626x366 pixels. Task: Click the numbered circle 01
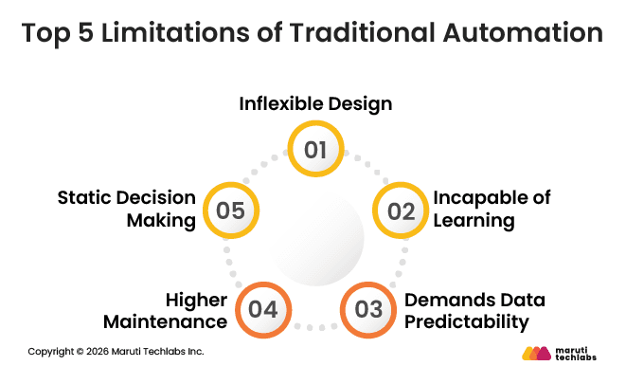315,150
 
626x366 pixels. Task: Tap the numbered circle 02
402,210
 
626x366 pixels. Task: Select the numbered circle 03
368,309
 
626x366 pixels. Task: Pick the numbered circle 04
262,309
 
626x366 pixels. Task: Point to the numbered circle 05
230,210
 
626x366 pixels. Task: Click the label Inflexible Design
315,102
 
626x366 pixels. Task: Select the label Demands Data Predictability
474,310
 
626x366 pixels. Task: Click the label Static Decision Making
127,209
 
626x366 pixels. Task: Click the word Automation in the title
516,32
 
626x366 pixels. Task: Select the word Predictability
465,321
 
